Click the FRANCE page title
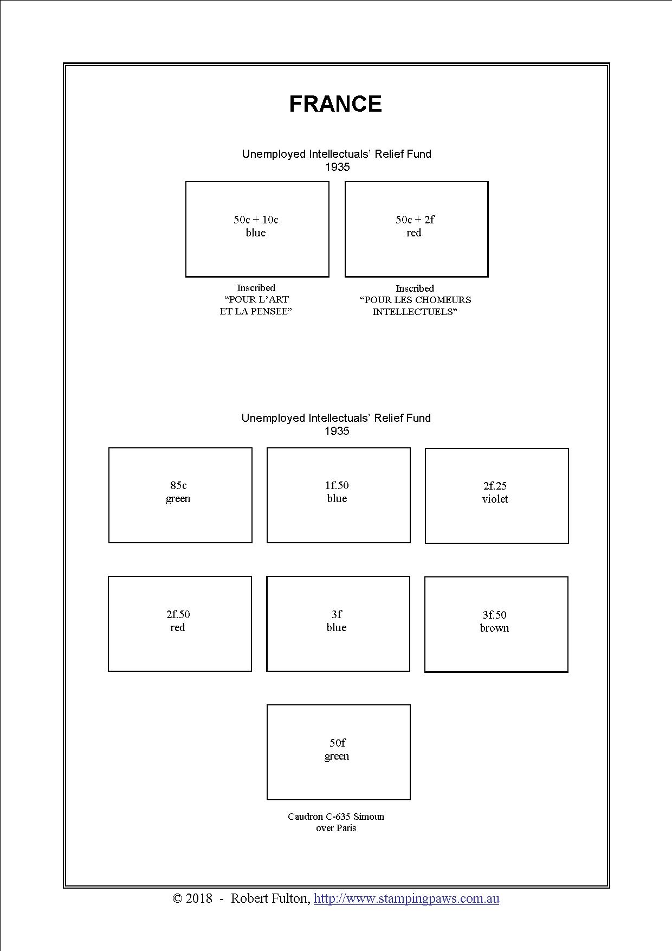click(x=335, y=104)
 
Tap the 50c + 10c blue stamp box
click(x=257, y=229)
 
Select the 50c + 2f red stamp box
click(x=416, y=229)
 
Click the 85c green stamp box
click(x=180, y=495)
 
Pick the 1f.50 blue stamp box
click(x=338, y=495)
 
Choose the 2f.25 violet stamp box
click(x=496, y=496)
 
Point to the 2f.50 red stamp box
click(x=179, y=624)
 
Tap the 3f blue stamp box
click(x=338, y=624)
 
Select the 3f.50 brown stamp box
click(x=496, y=624)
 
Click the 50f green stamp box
click(x=338, y=752)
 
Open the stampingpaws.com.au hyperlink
click(x=406, y=898)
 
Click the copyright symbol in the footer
click(x=177, y=898)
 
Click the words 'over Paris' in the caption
click(x=336, y=828)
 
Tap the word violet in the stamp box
click(x=495, y=499)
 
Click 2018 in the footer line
click(x=199, y=898)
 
